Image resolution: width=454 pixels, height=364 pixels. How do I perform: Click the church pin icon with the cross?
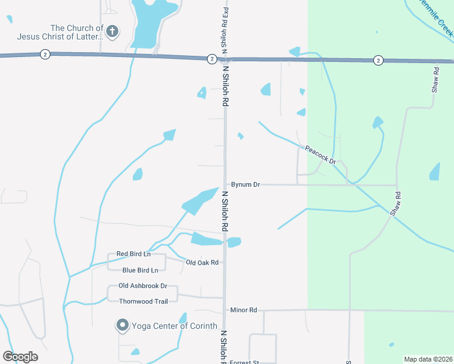(x=112, y=32)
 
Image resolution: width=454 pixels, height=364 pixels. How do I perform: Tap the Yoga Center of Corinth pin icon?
(x=122, y=326)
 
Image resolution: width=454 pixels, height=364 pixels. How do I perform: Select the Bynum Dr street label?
(x=245, y=184)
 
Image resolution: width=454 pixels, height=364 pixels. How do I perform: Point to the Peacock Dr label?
(x=320, y=155)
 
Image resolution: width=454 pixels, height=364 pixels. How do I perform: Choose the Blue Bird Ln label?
(x=140, y=270)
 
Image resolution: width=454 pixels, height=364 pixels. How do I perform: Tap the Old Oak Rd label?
(x=202, y=262)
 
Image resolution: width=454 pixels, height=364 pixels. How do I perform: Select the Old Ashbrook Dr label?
(x=143, y=286)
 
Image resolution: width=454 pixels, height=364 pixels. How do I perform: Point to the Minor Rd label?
(x=243, y=310)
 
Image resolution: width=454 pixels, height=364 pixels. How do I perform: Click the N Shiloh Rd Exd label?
(x=225, y=28)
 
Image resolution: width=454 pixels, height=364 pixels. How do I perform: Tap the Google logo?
(x=21, y=356)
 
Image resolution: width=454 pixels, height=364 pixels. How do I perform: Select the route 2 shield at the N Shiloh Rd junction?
(x=211, y=59)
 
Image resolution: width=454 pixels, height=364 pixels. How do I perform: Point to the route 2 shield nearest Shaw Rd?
(x=378, y=60)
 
